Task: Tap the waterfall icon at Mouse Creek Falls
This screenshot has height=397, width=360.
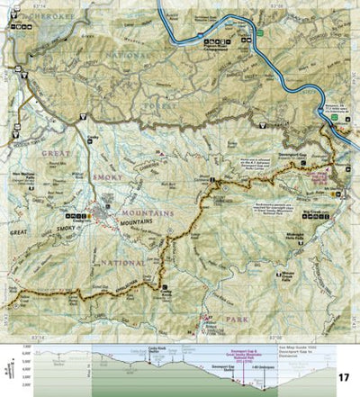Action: [292, 270]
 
